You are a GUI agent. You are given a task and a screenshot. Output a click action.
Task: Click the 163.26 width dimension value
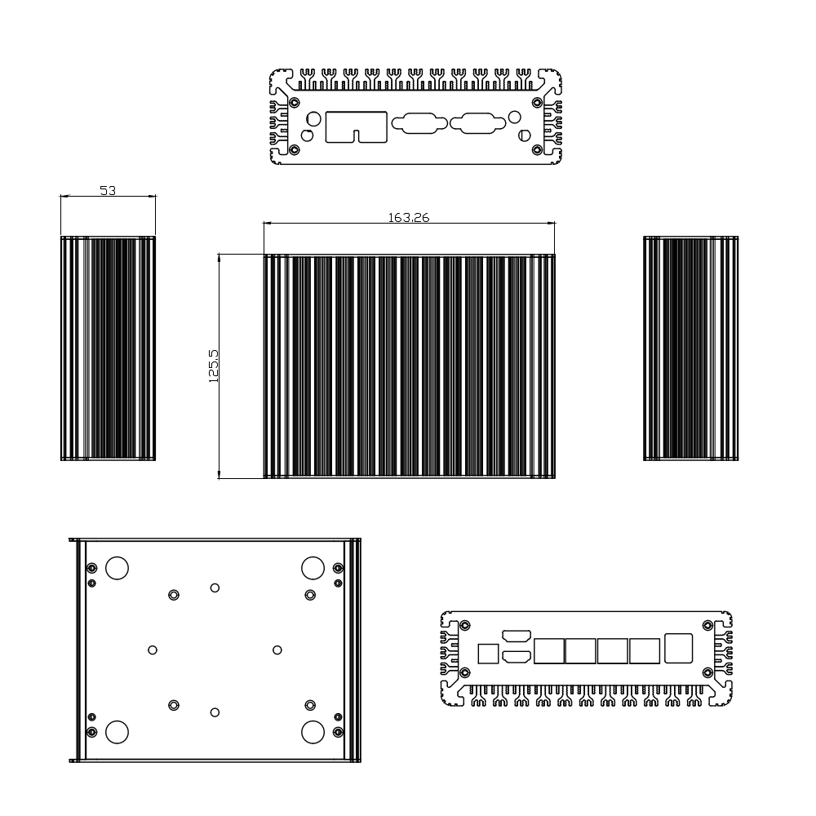409,217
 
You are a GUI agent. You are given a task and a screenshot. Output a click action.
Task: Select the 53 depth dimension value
108,191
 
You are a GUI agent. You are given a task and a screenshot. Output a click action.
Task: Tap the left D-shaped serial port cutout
419,124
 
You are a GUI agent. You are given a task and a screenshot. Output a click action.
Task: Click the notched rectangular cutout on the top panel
357,126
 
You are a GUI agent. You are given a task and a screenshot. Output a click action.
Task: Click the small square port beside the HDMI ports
487,654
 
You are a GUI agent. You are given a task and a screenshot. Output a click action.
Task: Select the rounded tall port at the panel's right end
679,647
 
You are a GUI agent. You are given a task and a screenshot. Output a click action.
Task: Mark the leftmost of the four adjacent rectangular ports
548,651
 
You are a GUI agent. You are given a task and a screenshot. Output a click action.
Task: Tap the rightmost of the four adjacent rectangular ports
645,651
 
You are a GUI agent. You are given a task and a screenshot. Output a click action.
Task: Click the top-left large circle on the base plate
117,568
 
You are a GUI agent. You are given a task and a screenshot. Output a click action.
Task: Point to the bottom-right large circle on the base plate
313,732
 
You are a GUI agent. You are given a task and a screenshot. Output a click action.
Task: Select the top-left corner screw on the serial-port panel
295,103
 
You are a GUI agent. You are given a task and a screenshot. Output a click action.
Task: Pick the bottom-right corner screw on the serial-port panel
536,150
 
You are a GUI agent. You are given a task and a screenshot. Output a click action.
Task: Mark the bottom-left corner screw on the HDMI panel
464,673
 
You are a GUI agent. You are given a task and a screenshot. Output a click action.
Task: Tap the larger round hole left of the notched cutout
313,118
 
